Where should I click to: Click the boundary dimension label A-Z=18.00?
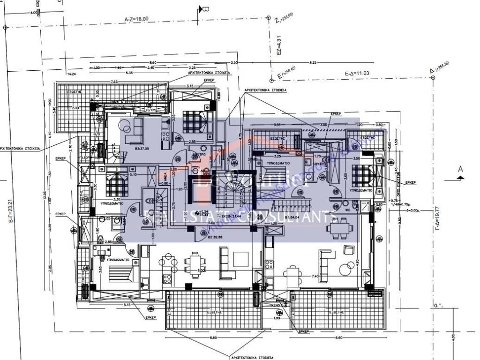(x=136, y=19)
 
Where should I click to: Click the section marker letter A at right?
(x=460, y=169)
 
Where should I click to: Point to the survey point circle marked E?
(x=271, y=80)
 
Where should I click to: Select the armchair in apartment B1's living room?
(x=348, y=249)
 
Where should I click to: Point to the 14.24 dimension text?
(x=72, y=74)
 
